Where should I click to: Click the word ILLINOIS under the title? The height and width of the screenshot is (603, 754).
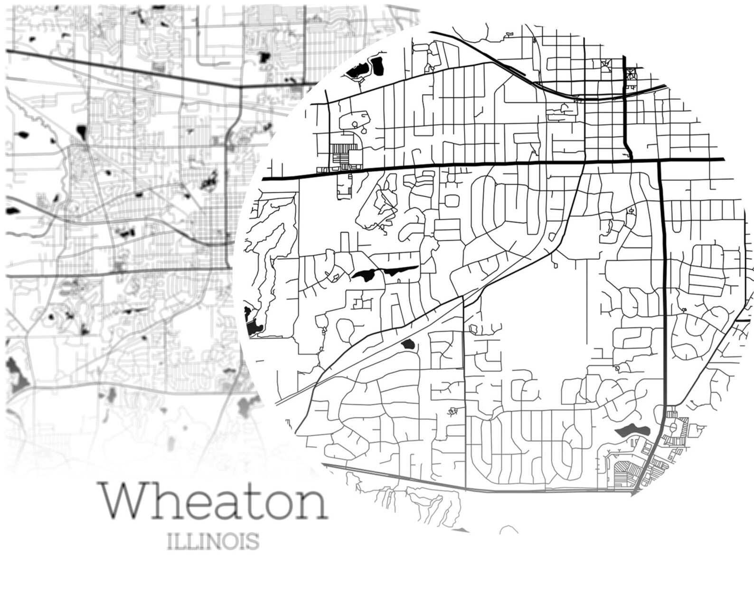coord(213,541)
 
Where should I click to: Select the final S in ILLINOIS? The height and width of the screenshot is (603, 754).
coord(253,541)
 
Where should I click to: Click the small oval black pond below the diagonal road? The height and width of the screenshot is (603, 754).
coord(407,345)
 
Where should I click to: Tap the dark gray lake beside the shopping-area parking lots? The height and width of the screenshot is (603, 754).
coord(631,431)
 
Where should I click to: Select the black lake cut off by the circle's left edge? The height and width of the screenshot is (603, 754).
coord(251,323)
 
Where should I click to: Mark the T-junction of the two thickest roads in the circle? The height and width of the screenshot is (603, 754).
coord(660,160)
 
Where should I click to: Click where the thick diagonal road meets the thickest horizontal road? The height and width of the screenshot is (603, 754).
coord(583,162)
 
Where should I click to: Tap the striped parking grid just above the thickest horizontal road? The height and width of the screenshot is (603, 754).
coord(340,155)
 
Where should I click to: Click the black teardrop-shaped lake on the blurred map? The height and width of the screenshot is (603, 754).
coord(82,131)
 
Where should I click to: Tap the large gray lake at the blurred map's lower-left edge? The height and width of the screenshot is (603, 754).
coord(17,375)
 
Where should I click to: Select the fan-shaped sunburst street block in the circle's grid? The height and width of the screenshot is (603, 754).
coord(630,74)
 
